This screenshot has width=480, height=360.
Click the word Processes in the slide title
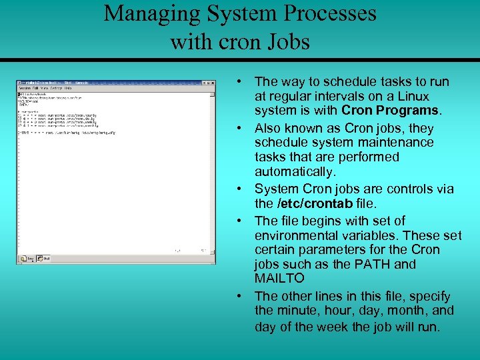pos(326,13)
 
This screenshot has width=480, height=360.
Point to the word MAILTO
pos(279,278)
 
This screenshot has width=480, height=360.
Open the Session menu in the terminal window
pos(25,88)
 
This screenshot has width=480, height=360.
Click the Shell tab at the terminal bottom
pos(44,259)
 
